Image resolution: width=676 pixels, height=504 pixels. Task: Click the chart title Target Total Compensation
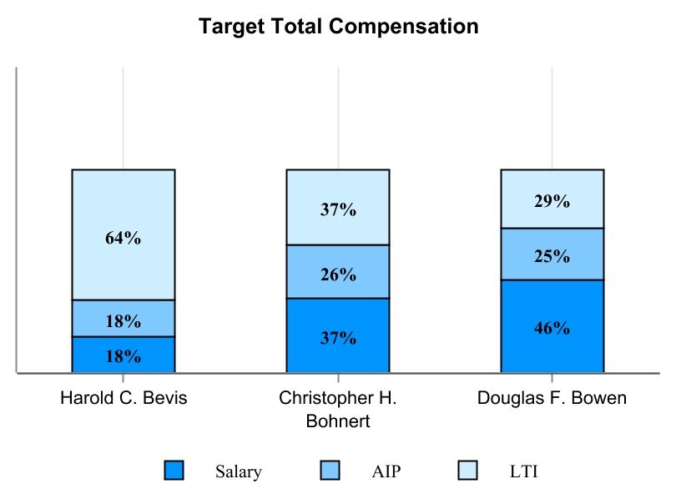coord(338,27)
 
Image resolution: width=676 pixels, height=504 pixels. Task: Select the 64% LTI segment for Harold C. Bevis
coord(124,209)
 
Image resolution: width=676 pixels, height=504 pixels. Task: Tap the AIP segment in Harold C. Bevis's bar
coord(124,318)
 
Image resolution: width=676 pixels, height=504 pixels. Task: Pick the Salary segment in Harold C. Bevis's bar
coord(124,355)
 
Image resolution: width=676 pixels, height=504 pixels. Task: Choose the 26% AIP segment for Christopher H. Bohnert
coord(338,271)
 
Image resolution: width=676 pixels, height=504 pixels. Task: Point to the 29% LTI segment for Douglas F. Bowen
coord(552,199)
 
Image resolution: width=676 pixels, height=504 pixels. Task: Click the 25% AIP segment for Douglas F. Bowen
coord(552,254)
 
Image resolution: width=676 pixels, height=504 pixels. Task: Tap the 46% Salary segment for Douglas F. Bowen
coord(552,326)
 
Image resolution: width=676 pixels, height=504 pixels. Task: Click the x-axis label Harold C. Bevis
coord(124,398)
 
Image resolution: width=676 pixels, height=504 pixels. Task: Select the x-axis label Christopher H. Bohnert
coord(338,409)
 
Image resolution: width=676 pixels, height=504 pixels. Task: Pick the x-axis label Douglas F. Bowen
coord(552,398)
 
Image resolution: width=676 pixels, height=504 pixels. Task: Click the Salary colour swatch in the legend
coord(174,471)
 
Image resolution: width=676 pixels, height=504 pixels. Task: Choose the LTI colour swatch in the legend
coord(468,471)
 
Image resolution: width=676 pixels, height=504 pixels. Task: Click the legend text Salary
coord(239,471)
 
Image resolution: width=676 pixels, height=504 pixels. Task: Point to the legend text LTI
coord(523,471)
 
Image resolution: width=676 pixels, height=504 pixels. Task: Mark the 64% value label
coord(124,238)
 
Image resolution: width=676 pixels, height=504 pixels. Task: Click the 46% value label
coord(552,328)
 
